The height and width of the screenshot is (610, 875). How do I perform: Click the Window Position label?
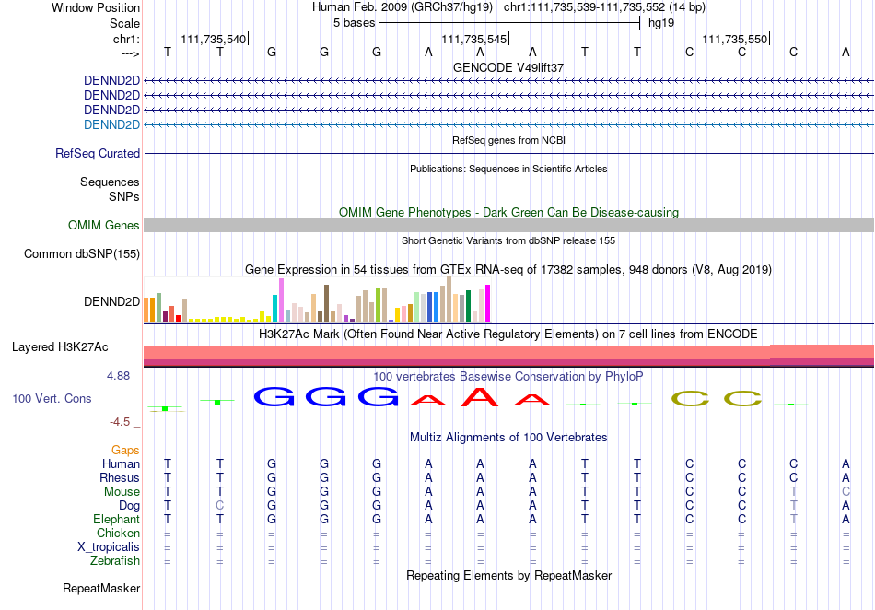click(x=96, y=7)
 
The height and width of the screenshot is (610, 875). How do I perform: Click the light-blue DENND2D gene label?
click(x=111, y=124)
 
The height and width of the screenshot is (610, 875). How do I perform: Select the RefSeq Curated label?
click(x=98, y=154)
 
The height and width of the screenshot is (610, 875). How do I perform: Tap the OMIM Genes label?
click(x=104, y=225)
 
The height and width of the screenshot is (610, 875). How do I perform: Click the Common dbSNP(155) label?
click(x=82, y=254)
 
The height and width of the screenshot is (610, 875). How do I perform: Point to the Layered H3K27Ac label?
click(x=60, y=347)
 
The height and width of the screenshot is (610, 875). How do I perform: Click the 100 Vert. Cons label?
click(x=52, y=398)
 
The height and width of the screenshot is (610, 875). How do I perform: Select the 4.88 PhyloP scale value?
click(x=118, y=376)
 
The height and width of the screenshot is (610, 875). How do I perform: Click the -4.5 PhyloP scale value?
click(x=120, y=422)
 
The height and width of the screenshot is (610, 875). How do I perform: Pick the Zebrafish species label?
click(x=115, y=560)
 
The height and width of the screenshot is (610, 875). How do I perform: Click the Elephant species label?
click(x=116, y=519)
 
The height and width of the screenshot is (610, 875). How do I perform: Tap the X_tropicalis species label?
click(x=109, y=547)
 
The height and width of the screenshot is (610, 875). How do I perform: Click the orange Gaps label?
click(x=125, y=450)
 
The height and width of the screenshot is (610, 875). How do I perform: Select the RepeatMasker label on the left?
click(x=101, y=588)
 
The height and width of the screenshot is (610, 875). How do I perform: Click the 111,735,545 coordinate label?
click(x=473, y=39)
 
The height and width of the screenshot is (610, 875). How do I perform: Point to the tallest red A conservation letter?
click(x=480, y=396)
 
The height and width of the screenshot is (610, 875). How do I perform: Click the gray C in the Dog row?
click(x=220, y=505)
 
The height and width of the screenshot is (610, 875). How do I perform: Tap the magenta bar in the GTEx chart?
click(x=488, y=303)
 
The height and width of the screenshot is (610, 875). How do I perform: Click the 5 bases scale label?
click(x=355, y=23)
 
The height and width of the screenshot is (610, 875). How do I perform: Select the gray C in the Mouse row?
click(x=846, y=492)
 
